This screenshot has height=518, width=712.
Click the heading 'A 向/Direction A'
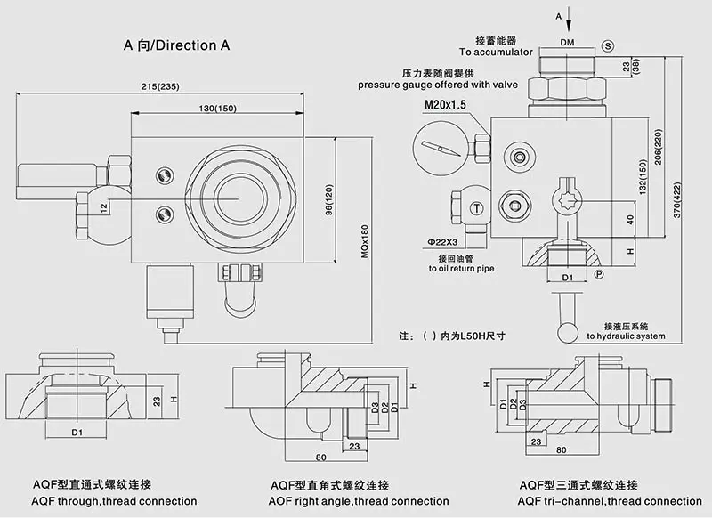(170, 45)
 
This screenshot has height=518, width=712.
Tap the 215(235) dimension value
(160, 86)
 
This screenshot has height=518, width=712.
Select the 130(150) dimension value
(218, 108)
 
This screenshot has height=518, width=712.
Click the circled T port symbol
(478, 208)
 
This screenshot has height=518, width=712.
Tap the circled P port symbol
(599, 274)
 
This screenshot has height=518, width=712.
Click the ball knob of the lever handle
(567, 331)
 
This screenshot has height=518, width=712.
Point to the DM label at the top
(567, 43)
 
